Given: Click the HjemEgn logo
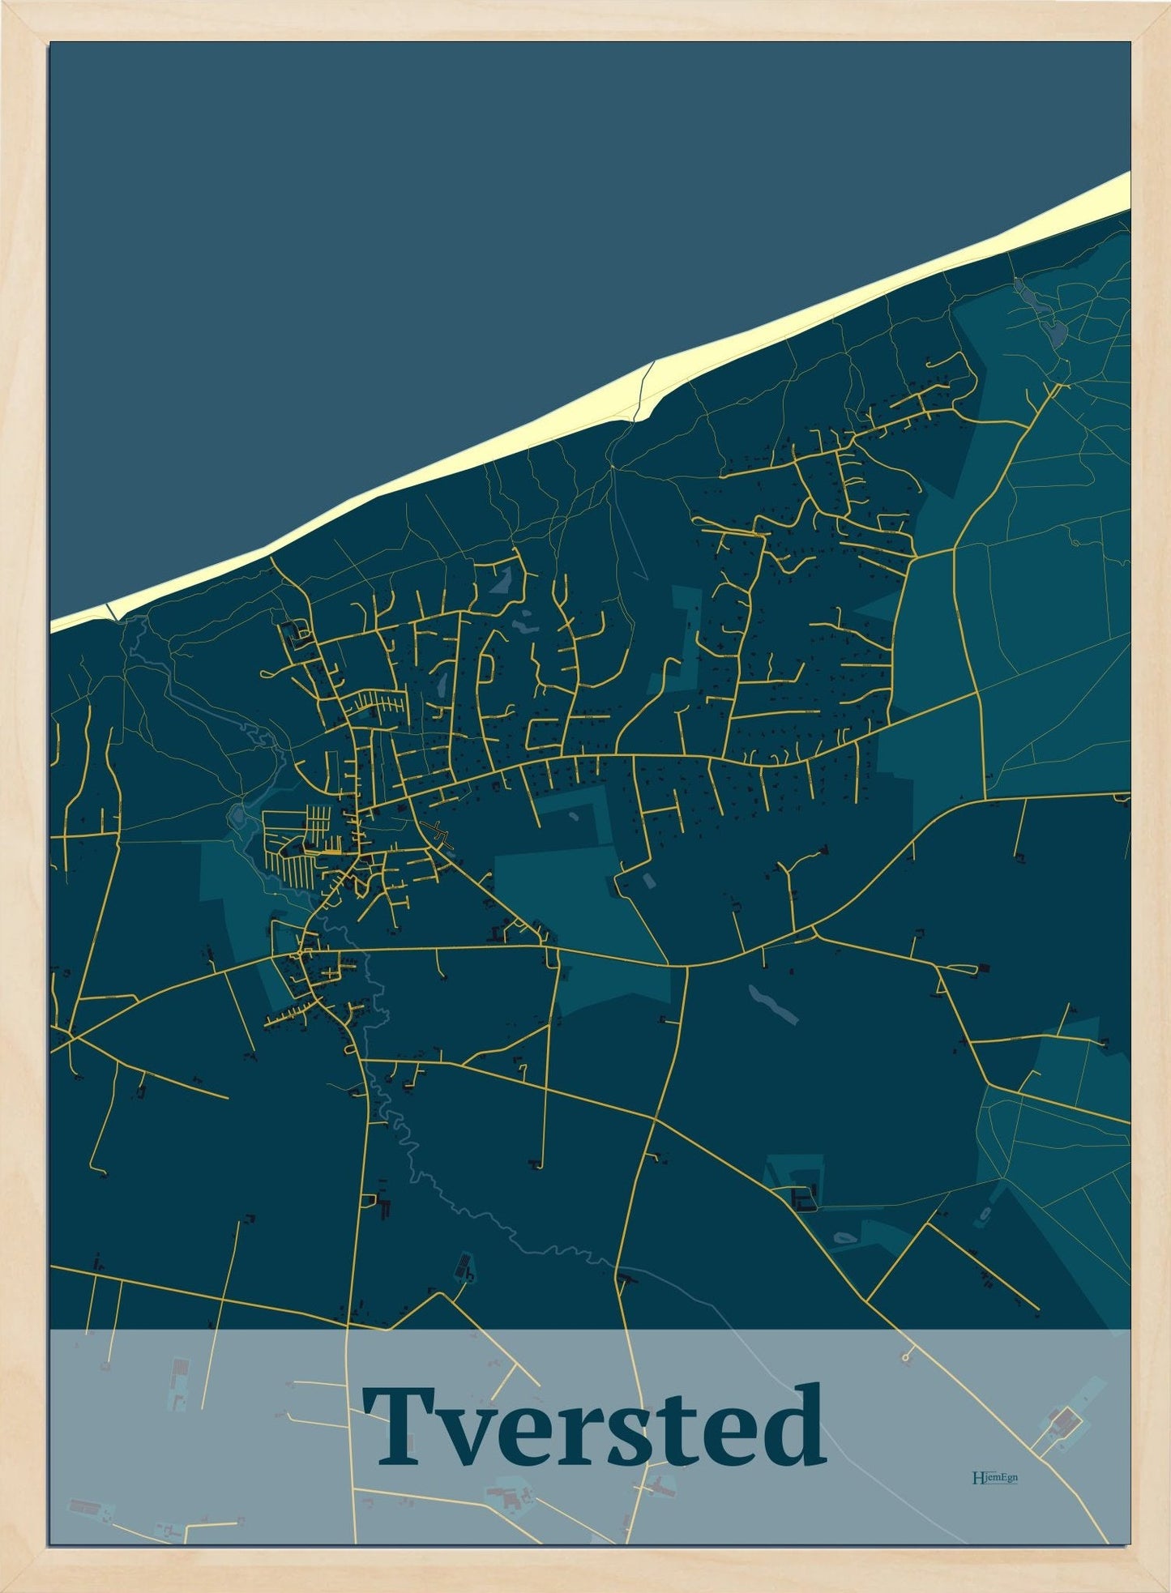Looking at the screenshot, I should (x=994, y=1477).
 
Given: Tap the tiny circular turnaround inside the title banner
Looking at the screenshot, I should (x=904, y=1356).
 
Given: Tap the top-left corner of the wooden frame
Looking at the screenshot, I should (x=6, y=6).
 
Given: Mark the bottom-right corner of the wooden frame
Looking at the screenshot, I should (x=1164, y=1586).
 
